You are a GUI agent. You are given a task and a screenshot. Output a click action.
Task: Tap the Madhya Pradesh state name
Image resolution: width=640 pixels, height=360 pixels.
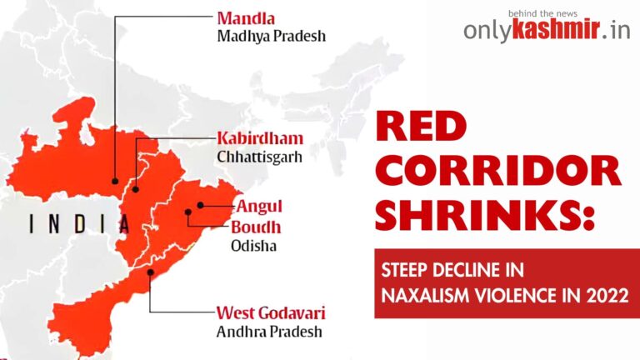(271, 37)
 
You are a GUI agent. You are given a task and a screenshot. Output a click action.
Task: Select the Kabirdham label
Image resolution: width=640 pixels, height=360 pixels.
(260, 137)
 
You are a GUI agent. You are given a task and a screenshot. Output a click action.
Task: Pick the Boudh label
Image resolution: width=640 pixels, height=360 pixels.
(256, 227)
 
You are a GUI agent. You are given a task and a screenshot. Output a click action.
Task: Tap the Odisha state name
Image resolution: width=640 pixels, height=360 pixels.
(252, 246)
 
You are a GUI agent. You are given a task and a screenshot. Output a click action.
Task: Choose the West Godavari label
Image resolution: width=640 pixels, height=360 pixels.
(271, 314)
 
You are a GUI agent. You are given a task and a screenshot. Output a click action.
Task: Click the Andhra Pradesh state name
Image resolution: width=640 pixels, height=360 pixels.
(270, 333)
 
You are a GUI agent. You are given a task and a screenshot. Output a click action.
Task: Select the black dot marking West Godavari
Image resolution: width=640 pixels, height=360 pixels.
(149, 272)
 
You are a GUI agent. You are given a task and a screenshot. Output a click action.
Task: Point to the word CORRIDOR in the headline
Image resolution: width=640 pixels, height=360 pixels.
(497, 171)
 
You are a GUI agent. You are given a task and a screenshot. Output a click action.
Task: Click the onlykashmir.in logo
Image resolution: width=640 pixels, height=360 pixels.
(547, 32)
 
